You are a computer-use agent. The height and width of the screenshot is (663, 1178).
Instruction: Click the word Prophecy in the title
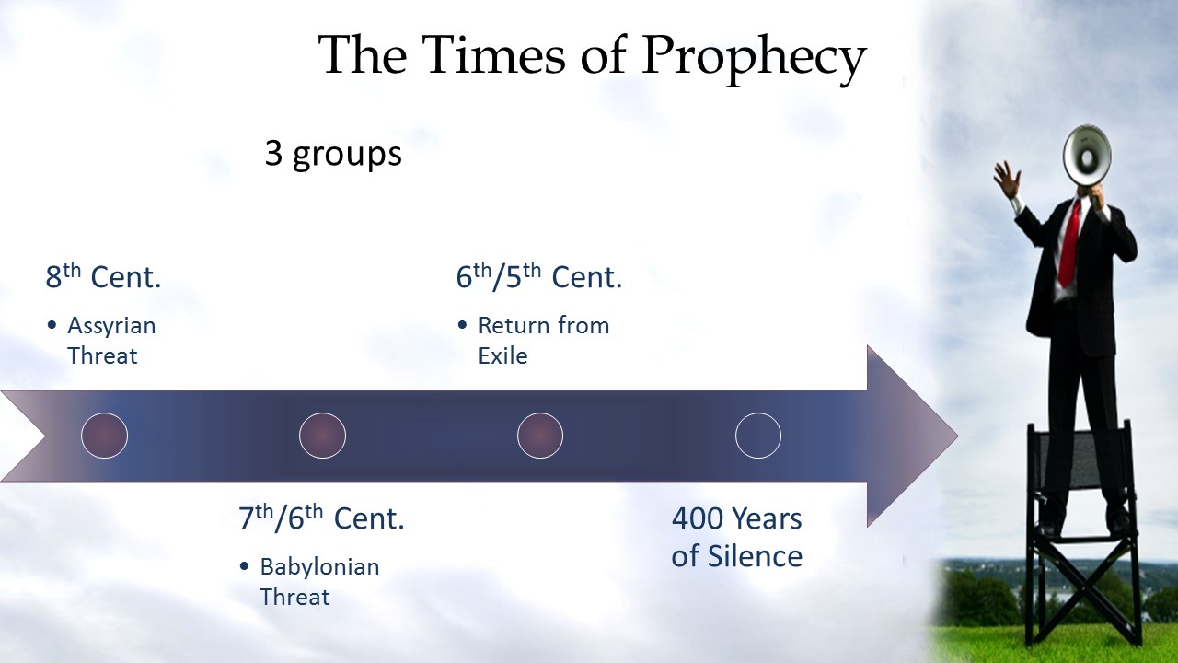click(754, 58)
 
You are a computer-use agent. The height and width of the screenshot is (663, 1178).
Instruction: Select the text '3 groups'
click(333, 154)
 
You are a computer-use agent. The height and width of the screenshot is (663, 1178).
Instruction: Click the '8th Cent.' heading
click(103, 275)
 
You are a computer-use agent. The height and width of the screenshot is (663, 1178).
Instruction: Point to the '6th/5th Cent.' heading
click(539, 275)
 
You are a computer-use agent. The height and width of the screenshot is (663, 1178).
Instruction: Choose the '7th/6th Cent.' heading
click(321, 518)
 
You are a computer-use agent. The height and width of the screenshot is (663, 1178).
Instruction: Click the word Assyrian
click(111, 327)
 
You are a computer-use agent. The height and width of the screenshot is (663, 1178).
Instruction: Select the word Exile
click(502, 356)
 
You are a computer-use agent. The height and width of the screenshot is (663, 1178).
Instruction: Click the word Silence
click(756, 555)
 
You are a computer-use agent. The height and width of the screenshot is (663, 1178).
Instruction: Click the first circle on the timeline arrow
click(104, 436)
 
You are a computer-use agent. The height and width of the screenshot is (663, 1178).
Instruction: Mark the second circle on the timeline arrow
click(322, 436)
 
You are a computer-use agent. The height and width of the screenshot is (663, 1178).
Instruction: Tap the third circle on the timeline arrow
click(540, 436)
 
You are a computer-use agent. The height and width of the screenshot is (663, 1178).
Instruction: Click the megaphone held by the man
click(1086, 157)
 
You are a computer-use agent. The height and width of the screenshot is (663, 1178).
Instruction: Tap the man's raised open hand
click(1007, 179)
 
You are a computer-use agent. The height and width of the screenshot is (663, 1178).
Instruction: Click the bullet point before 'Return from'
click(462, 326)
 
